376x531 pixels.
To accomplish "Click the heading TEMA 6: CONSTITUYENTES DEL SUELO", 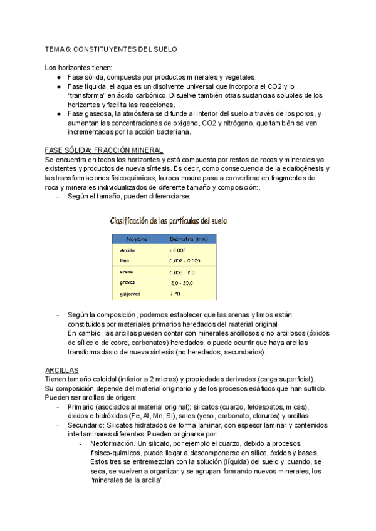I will (x=112, y=49).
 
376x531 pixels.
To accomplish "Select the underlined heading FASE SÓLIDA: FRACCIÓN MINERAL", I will (x=104, y=151).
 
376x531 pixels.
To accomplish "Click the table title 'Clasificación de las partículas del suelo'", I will (x=169, y=220).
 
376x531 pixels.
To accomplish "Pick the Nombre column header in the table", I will (x=137, y=239).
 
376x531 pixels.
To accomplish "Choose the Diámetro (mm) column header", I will (x=189, y=239).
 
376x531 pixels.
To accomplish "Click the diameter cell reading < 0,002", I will (x=178, y=250).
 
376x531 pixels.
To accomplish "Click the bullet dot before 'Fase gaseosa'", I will (x=58, y=114).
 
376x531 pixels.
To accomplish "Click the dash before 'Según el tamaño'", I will (x=58, y=197).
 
